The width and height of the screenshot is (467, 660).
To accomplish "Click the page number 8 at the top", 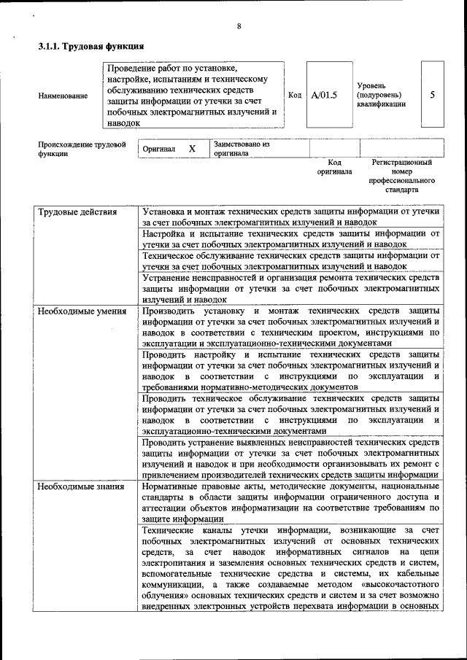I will click(239, 27).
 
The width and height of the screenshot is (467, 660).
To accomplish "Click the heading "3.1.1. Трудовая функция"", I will click(90, 47).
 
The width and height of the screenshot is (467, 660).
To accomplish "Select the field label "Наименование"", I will click(63, 96).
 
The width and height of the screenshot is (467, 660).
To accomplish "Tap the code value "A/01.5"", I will click(324, 95).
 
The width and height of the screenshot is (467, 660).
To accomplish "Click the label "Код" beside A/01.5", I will click(295, 95).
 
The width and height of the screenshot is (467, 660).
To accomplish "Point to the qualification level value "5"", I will click(433, 95).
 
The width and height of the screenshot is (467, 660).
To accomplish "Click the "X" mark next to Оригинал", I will click(193, 149).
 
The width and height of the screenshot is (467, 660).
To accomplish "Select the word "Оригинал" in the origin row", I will click(159, 149).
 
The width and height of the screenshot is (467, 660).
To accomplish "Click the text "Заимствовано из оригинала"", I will click(242, 149).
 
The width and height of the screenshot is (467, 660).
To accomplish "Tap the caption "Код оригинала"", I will click(334, 167).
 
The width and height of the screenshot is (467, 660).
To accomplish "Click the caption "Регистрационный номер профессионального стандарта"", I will click(402, 176).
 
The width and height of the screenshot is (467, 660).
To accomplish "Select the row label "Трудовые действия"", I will click(77, 212).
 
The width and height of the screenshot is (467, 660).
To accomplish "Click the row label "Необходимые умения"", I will click(82, 311).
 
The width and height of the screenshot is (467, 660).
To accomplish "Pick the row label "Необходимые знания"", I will click(81, 486).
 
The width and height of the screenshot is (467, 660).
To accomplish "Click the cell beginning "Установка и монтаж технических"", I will click(291, 217).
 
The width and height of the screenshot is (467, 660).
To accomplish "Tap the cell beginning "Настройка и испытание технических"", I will click(291, 239).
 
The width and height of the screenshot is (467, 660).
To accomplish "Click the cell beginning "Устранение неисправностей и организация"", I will click(291, 288).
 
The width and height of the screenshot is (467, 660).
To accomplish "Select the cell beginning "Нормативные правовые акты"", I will click(291, 502).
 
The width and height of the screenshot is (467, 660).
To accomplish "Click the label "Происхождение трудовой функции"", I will click(77, 149).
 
